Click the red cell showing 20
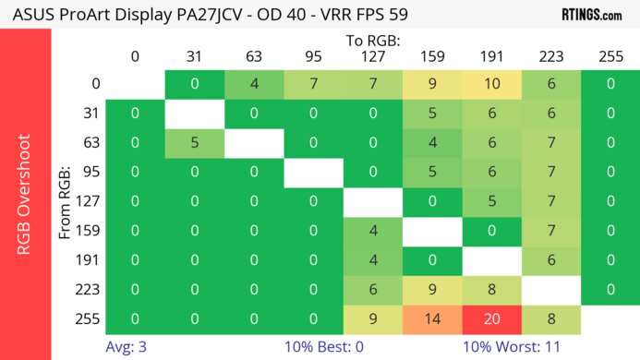pos(492,318)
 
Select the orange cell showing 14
pos(432,318)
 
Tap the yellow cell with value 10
pos(492,83)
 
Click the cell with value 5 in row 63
pos(195,142)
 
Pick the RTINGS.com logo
pos(591,15)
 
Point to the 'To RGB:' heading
pos(373,41)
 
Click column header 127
pos(373,56)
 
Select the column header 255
pos(610,56)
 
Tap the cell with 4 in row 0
pos(254,83)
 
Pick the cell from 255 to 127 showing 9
pos(373,318)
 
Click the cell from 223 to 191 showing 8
pos(492,289)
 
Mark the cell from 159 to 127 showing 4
pos(373,230)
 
